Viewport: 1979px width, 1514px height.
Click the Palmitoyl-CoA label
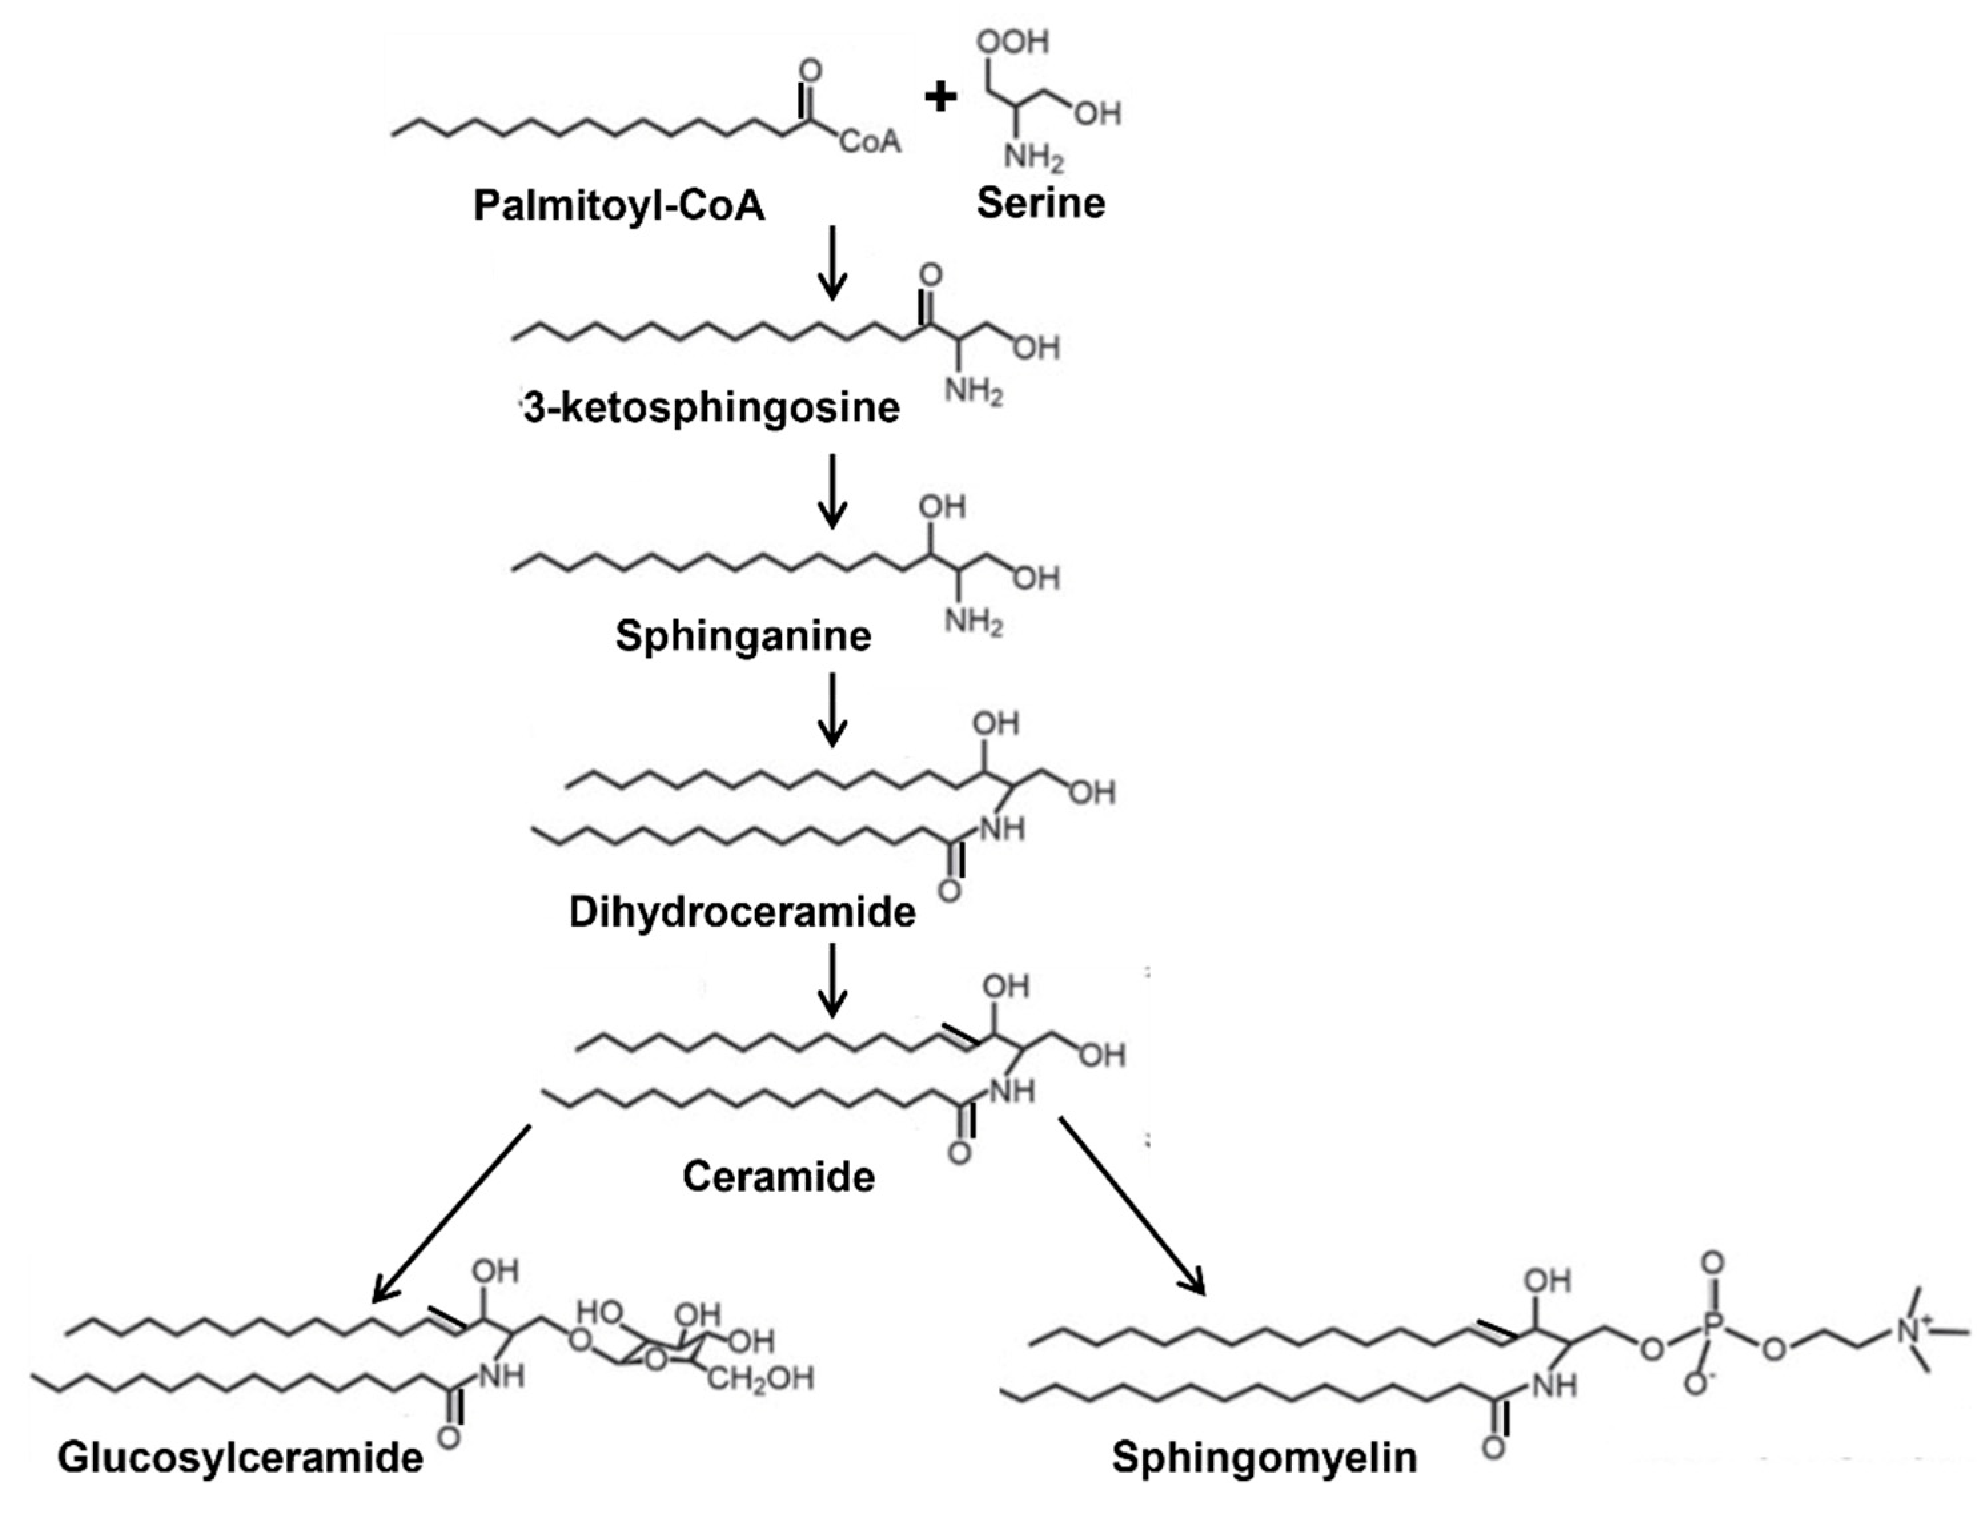tap(619, 206)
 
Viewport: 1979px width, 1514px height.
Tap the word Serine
tap(1040, 203)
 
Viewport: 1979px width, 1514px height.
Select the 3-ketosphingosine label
tap(712, 407)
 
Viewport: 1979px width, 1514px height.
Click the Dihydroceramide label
tap(742, 912)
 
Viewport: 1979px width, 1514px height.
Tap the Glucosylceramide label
tap(240, 1457)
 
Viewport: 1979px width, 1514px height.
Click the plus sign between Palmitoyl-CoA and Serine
tap(940, 97)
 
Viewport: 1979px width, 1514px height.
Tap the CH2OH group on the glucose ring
tap(759, 1378)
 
